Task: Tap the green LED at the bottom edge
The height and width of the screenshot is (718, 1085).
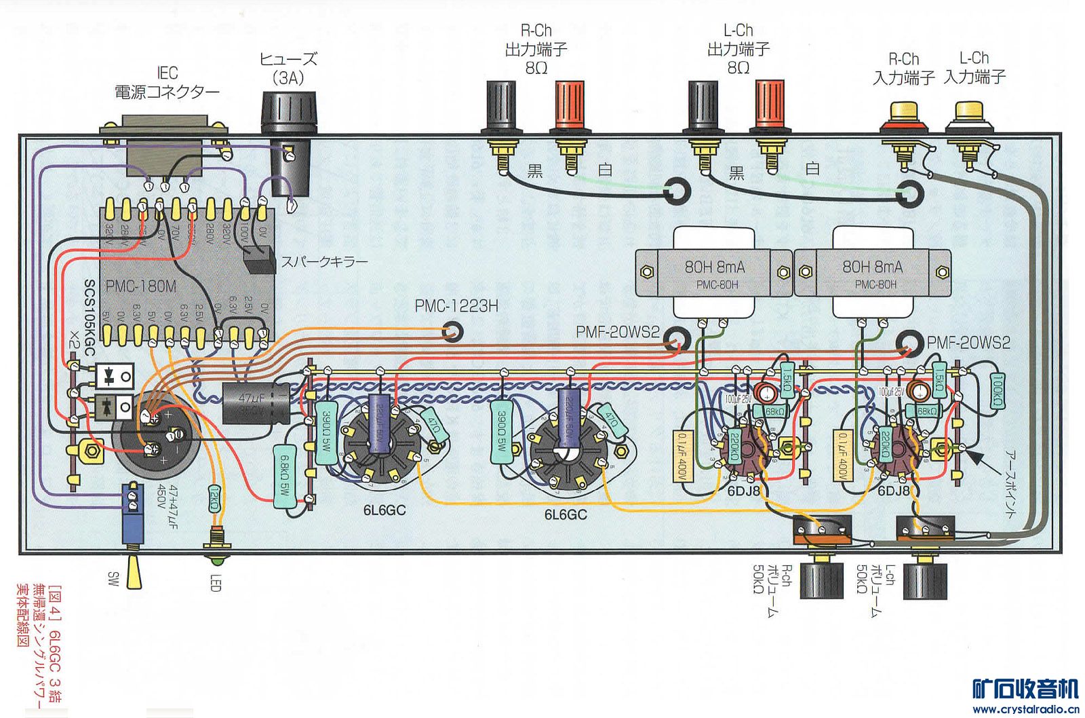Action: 216,561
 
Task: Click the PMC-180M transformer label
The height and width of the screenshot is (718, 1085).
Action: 141,287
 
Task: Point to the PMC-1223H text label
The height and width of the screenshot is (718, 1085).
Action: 456,306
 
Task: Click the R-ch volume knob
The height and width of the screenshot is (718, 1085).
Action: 822,580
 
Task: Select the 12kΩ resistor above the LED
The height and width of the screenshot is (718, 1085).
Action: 214,501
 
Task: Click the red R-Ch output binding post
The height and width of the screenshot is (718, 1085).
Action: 570,105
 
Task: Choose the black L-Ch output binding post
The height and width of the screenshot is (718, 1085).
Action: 703,105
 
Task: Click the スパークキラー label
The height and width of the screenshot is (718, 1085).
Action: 325,262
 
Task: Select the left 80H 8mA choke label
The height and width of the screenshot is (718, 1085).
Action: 714,267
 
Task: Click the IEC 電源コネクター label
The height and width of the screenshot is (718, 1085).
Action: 167,83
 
